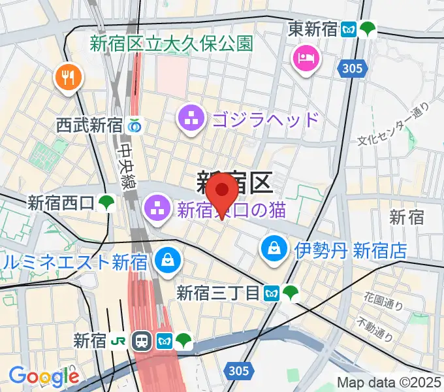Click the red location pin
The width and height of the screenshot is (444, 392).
[x=222, y=191]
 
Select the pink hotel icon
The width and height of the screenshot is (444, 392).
[x=307, y=59]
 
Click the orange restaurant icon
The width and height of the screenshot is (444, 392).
[x=68, y=78]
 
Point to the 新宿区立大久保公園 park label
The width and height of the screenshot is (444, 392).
[x=171, y=44]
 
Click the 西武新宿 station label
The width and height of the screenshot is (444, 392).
[x=89, y=125]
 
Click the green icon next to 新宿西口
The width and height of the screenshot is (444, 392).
[x=106, y=203]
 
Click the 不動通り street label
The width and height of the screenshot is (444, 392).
[x=374, y=330]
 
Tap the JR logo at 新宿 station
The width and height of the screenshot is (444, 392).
[x=119, y=340]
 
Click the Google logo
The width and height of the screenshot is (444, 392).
[x=43, y=376]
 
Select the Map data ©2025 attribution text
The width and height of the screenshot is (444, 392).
[x=389, y=382]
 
